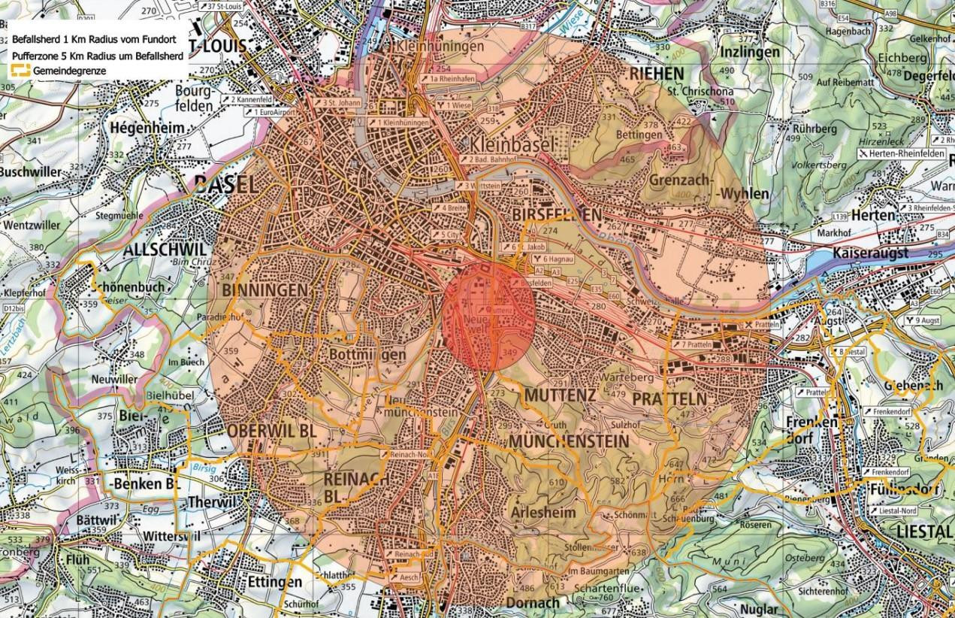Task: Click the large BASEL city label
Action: pos(225,185)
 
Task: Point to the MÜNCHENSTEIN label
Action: pos(568,441)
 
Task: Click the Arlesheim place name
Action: pos(542,512)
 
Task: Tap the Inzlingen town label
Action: pos(754,53)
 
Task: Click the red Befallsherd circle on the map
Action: pos(489,315)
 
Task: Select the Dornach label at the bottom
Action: pos(533,603)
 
